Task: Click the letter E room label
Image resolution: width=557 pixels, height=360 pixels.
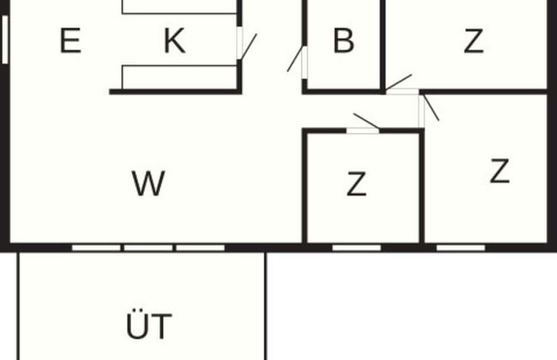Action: [x=70, y=41]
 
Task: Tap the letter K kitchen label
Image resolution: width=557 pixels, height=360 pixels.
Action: [x=174, y=41]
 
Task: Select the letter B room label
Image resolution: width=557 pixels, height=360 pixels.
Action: [x=344, y=41]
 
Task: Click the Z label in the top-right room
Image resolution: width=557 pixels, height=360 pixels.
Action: [x=473, y=41]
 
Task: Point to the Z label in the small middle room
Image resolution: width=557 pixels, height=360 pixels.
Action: [x=356, y=183]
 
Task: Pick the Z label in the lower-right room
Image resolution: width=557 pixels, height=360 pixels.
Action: [x=500, y=171]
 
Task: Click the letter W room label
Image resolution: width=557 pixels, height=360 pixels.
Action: [x=148, y=183]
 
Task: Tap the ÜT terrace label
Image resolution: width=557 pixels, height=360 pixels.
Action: [x=148, y=327]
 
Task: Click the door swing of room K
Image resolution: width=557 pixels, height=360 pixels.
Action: [x=247, y=46]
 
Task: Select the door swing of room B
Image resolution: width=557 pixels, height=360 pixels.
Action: [x=296, y=60]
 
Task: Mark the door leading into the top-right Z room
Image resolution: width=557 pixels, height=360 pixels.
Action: [x=399, y=83]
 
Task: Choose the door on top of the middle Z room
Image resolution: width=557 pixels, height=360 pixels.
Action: [x=366, y=121]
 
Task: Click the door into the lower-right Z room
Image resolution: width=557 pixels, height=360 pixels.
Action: [x=430, y=108]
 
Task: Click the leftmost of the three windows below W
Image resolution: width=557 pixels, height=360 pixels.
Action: [x=96, y=248]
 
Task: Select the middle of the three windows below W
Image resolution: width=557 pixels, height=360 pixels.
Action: [x=148, y=248]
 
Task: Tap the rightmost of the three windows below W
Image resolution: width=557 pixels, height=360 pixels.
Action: [x=201, y=248]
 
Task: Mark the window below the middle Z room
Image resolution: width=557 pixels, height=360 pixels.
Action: [x=356, y=248]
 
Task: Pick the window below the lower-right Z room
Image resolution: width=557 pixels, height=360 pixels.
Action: [x=461, y=248]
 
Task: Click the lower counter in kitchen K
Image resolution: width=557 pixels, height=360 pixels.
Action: [x=178, y=77]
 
